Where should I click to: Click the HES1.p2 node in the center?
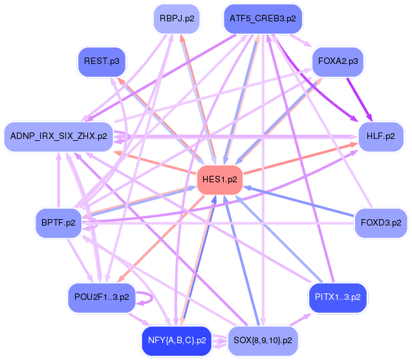pyautogui.click(x=219, y=179)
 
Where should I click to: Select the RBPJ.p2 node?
pyautogui.click(x=176, y=19)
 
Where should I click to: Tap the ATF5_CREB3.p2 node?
pyautogui.click(x=263, y=19)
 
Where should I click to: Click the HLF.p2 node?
pyautogui.click(x=380, y=136)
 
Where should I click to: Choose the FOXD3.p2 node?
pyautogui.click(x=381, y=223)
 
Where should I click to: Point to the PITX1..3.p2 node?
pyautogui.click(x=338, y=298)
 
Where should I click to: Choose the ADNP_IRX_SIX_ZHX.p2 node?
pyautogui.click(x=58, y=136)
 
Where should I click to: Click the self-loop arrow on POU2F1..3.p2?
pyautogui.click(x=150, y=299)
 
